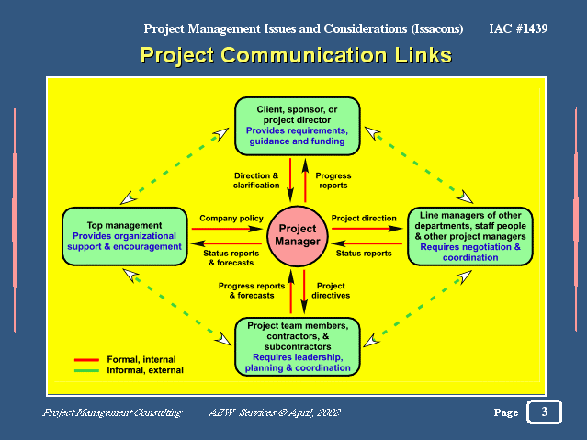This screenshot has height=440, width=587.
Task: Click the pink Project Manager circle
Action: pos(298,236)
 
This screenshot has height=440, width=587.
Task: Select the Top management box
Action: pos(125,236)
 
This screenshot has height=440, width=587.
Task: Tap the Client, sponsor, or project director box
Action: pos(298,126)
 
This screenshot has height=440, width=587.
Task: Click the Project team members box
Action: pos(298,346)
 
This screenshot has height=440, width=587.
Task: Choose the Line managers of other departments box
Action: pos(470,236)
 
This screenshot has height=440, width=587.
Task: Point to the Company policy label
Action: pos(231,219)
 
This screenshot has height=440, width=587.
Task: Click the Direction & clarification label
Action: pos(256,180)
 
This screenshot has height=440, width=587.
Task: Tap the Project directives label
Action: pos(331,290)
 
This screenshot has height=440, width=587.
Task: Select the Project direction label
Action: pos(364,219)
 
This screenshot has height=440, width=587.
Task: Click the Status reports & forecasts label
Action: pos(231,258)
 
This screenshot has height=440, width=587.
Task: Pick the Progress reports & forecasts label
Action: pos(252,290)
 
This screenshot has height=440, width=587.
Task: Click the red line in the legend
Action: pos(86,360)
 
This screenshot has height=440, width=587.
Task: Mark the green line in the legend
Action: pos(86,371)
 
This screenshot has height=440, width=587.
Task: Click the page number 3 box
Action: pos(545,412)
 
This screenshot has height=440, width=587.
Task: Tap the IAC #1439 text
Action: pos(518,28)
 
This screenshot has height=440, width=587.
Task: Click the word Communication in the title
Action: pos(304,55)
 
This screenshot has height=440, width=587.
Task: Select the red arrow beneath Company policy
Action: pos(227,229)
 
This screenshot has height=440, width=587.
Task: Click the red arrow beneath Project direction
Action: pos(367,229)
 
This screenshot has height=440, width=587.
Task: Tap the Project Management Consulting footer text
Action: pos(112,412)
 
